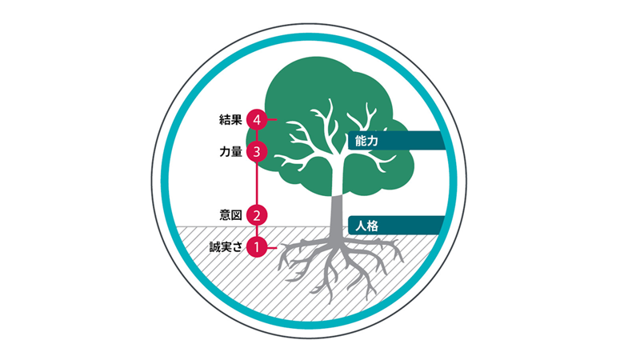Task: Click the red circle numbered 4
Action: point(256,119)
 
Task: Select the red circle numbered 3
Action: point(256,150)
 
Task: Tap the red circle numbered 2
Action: point(256,214)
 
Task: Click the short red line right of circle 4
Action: point(271,119)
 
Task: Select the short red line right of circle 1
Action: point(271,248)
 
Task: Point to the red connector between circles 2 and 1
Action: point(256,231)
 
